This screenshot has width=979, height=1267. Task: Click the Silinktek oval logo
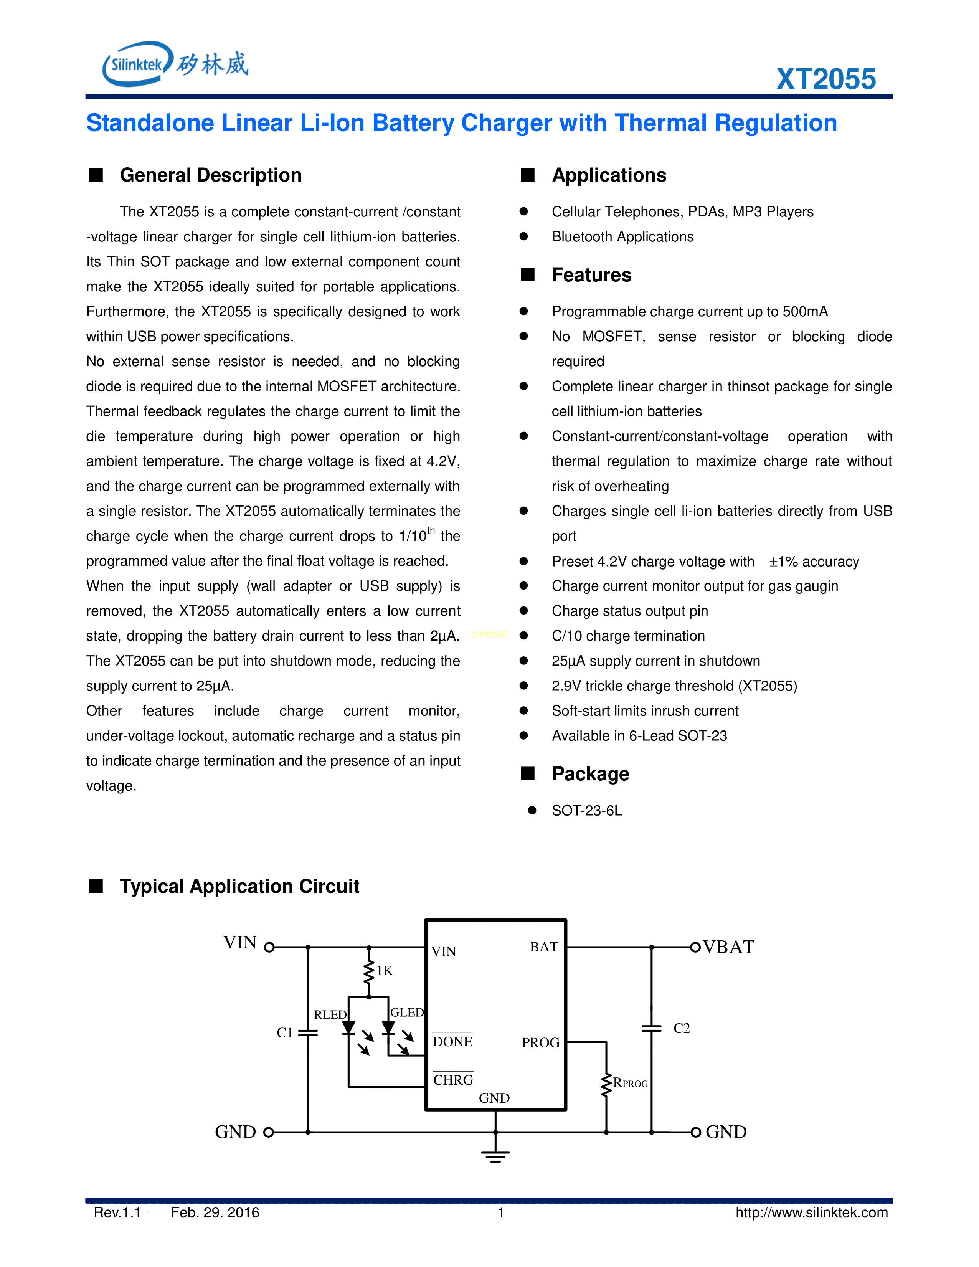coord(137,64)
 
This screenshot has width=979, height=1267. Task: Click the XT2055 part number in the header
coord(825,79)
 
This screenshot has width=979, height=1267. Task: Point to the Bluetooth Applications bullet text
coord(622,237)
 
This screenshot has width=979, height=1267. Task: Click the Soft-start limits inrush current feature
coord(645,711)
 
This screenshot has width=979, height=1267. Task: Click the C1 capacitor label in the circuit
coord(285,1032)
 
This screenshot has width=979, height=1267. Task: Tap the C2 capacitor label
coord(682,1029)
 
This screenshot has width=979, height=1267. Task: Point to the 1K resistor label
coord(385,971)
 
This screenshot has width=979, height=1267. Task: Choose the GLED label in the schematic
coord(406,1012)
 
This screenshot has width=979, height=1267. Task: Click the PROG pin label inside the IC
coord(540,1042)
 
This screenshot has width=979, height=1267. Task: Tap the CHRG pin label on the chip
coord(453,1080)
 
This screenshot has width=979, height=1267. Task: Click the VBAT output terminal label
coord(728,947)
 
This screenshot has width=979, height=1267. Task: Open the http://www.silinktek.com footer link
coord(811,1212)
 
